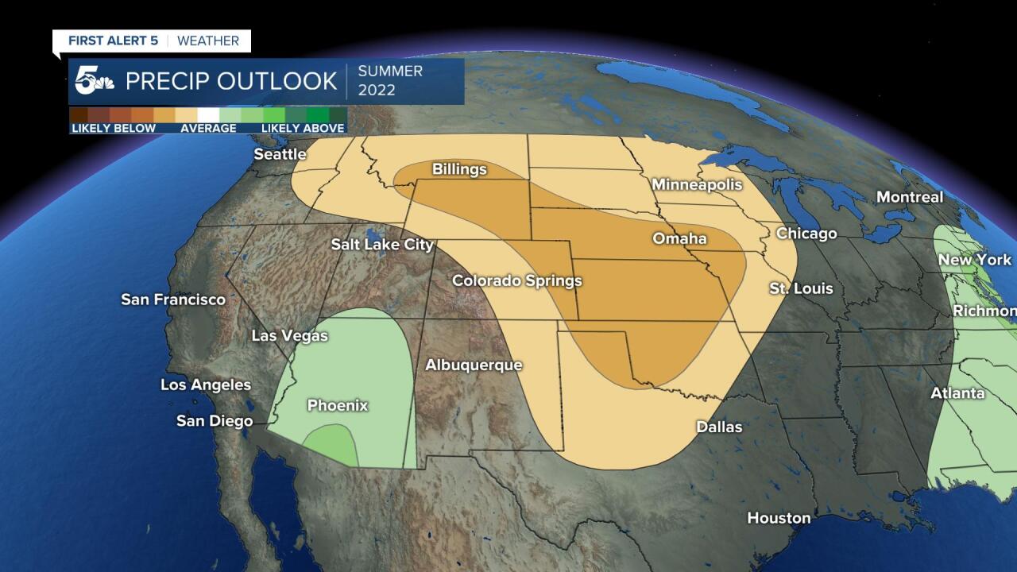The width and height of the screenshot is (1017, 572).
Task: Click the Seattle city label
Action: click(280, 154)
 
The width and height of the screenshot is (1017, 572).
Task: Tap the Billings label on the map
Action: click(459, 169)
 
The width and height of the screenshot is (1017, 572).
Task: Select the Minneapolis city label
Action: click(697, 184)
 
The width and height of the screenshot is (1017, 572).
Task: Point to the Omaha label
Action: click(679, 238)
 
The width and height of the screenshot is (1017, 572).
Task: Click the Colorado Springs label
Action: click(516, 280)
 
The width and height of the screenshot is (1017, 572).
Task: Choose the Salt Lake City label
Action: click(382, 245)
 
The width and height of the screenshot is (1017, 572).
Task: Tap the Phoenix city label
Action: click(338, 405)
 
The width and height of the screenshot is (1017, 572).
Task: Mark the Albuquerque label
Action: click(474, 365)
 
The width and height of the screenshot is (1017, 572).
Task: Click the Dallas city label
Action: click(719, 427)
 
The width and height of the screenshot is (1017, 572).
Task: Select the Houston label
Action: click(779, 518)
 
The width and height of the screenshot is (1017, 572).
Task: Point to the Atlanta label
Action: click(957, 393)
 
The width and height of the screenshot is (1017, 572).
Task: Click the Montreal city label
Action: click(910, 197)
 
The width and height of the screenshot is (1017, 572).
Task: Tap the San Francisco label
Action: click(173, 300)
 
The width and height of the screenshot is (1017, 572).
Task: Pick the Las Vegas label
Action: click(289, 336)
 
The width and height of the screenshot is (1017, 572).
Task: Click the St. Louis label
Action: click(801, 288)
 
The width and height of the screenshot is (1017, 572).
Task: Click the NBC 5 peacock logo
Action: click(93, 81)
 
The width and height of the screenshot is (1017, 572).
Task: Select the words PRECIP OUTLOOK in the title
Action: click(231, 81)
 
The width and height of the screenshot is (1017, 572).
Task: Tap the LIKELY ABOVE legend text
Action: click(303, 128)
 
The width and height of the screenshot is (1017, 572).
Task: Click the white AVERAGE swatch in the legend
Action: click(208, 114)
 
